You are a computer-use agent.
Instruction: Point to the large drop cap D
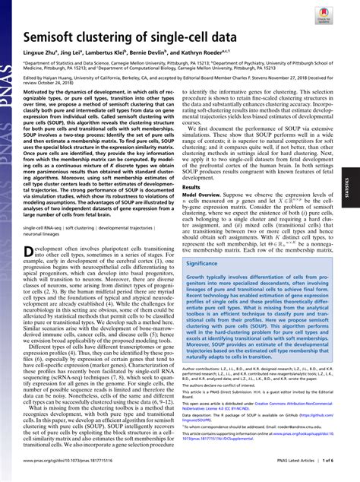30,252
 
